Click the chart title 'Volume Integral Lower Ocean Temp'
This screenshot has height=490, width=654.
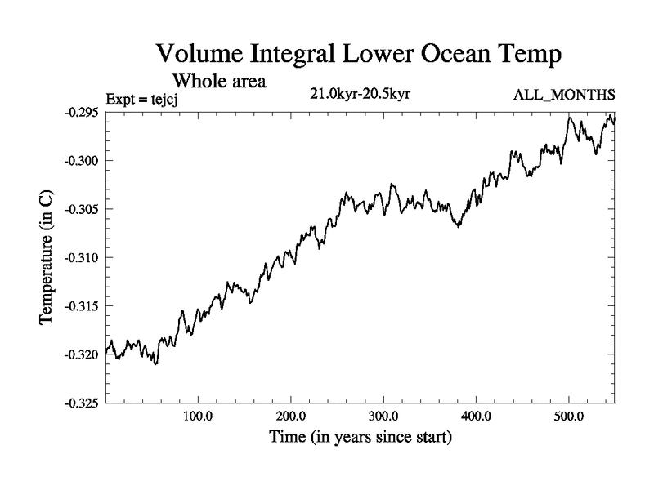[360, 56]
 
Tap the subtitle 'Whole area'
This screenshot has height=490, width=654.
[220, 82]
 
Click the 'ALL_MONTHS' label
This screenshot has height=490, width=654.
[563, 96]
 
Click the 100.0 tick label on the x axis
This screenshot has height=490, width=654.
[198, 417]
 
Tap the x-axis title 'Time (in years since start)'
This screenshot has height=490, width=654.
[361, 438]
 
